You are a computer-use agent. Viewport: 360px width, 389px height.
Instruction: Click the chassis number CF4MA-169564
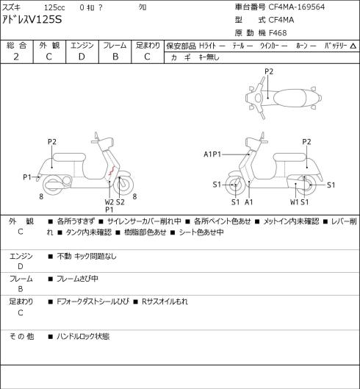297,7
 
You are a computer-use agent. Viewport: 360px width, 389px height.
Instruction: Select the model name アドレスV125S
32,20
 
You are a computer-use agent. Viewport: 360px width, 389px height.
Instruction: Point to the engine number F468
278,33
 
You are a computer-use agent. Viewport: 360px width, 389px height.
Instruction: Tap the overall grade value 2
16,57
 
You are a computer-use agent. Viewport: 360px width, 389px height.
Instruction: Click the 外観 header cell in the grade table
49,46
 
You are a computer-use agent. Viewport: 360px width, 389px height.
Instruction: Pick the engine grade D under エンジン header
82,57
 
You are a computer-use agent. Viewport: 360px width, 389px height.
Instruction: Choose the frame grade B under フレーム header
115,57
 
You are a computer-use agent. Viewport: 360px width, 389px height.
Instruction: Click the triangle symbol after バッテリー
353,46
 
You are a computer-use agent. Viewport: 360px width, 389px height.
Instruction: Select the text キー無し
209,57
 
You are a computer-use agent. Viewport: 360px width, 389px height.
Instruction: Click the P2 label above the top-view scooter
269,71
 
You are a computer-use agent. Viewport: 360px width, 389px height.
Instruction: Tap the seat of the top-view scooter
289,98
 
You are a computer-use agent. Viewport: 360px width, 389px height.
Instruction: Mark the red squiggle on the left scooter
112,170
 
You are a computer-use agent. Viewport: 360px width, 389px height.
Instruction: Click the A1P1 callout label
212,154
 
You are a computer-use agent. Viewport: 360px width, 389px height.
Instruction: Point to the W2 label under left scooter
109,202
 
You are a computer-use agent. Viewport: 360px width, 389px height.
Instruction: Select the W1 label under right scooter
295,202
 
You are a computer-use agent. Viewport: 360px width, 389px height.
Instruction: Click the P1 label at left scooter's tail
27,177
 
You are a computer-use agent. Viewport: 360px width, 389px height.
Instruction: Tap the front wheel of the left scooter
123,185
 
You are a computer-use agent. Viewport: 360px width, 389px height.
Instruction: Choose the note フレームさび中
77,279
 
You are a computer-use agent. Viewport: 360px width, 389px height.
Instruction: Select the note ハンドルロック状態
83,336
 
